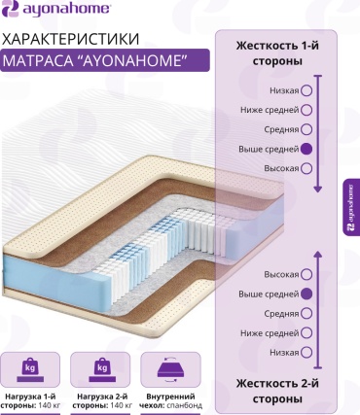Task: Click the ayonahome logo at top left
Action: (x=56, y=9)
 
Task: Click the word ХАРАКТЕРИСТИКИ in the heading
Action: (x=71, y=39)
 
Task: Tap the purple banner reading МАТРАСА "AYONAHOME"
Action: (x=105, y=60)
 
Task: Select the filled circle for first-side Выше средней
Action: (x=306, y=149)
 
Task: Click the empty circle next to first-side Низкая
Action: (x=306, y=90)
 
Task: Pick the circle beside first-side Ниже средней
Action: (x=306, y=110)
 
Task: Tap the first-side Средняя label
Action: (x=281, y=129)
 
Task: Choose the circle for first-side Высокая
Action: (x=306, y=168)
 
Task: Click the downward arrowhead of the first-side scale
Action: (x=318, y=189)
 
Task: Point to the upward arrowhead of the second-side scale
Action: (x=318, y=255)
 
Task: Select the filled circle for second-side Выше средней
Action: (x=306, y=294)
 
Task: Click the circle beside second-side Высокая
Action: (x=306, y=275)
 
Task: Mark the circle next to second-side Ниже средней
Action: (x=306, y=333)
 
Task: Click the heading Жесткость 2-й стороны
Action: (x=277, y=392)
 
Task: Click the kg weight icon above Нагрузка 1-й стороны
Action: (x=30, y=369)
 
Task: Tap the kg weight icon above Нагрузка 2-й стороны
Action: (x=102, y=369)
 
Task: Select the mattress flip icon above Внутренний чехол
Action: (x=170, y=369)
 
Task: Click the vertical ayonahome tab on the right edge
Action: (x=351, y=207)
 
